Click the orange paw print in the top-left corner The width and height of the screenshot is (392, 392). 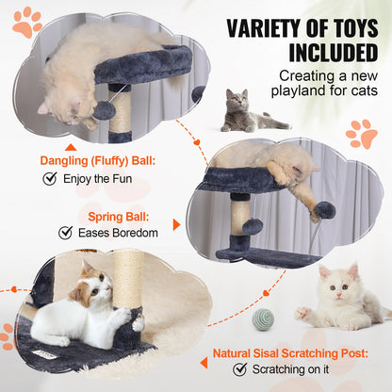26,20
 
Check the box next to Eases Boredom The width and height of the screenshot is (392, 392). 65,232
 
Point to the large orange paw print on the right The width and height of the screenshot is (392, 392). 361,134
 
